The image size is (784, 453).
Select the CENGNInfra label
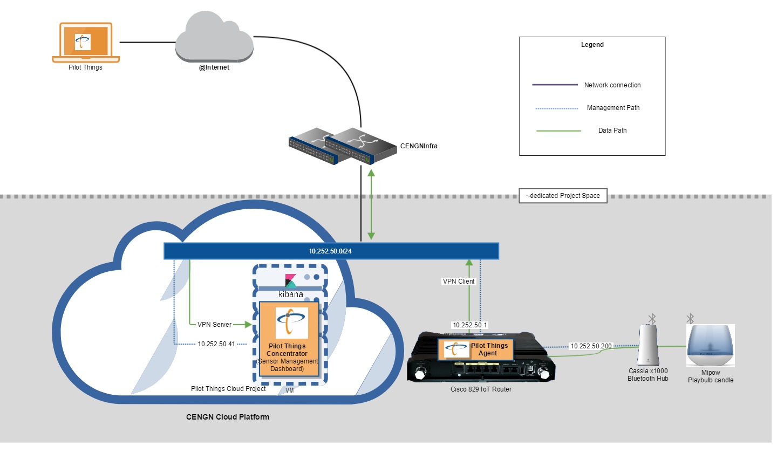pyautogui.click(x=419, y=146)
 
